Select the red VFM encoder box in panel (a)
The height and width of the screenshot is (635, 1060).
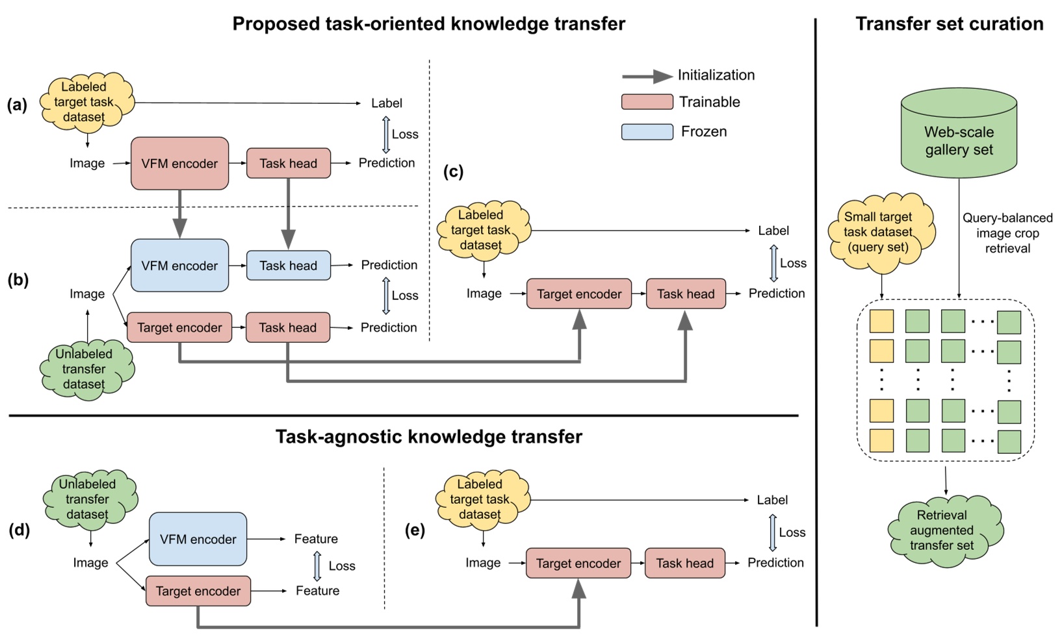click(x=179, y=164)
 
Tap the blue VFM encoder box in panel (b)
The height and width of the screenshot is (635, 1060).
click(x=179, y=266)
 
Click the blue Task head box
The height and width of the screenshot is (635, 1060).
click(x=288, y=266)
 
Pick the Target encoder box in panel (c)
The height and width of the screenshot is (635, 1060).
click(x=578, y=294)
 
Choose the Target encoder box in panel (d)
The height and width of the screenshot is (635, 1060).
click(x=198, y=591)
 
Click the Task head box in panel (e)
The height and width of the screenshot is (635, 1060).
click(x=684, y=563)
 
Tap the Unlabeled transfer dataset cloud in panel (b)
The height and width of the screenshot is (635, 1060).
click(x=84, y=369)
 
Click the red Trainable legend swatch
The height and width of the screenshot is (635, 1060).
click(x=647, y=102)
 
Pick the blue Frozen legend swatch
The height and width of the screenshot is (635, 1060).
click(x=647, y=132)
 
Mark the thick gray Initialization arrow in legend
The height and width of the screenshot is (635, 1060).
click(x=647, y=76)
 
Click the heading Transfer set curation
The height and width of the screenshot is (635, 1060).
click(x=949, y=24)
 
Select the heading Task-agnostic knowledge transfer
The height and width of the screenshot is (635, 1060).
click(x=428, y=436)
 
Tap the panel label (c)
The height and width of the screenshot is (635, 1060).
click(x=453, y=171)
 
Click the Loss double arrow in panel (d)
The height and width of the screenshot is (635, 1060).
click(x=317, y=566)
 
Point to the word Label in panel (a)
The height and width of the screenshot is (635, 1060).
click(x=386, y=103)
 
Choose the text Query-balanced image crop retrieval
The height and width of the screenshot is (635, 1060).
click(x=1007, y=233)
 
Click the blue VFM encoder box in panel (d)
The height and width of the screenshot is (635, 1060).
click(x=198, y=539)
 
